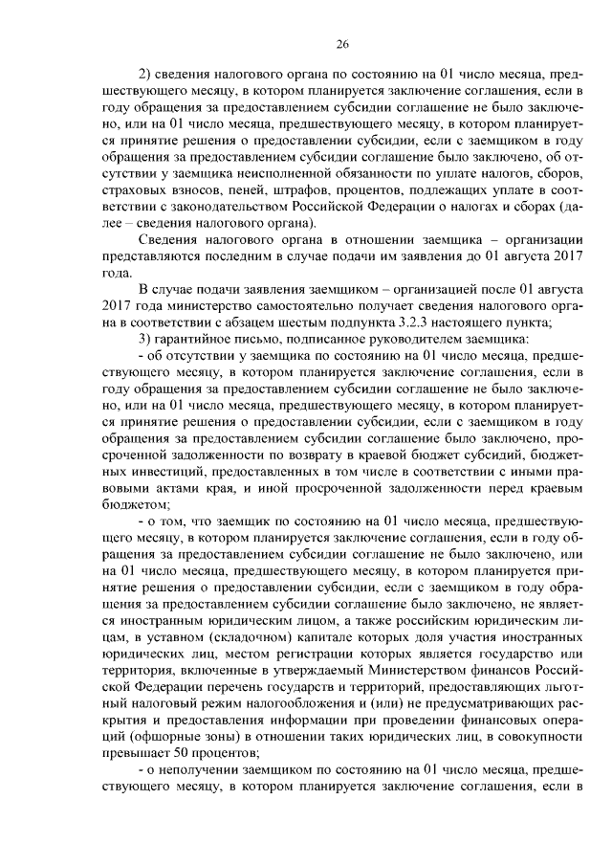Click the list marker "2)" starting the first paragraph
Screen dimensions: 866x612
point(147,75)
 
